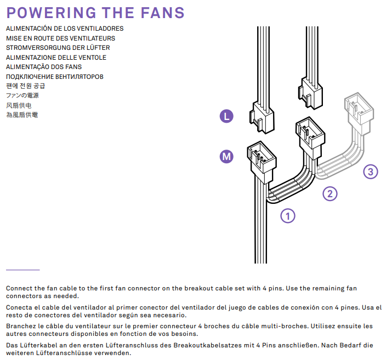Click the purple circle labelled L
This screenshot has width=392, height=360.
click(x=226, y=116)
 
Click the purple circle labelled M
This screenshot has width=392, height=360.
click(x=226, y=156)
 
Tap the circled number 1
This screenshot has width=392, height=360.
click(x=288, y=216)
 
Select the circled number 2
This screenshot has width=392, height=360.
click(x=330, y=193)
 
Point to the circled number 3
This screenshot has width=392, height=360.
click(x=371, y=172)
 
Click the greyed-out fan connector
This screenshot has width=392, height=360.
click(x=359, y=112)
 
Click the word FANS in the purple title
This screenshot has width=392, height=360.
click(x=162, y=13)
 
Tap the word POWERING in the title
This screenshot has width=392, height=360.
click(x=51, y=13)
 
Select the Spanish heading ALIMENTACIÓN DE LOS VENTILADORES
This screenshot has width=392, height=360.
click(x=65, y=28)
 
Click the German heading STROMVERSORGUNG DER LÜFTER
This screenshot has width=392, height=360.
click(x=58, y=48)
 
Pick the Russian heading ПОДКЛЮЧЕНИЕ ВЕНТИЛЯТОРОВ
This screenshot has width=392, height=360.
click(x=55, y=77)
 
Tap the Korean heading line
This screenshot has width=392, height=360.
click(x=26, y=86)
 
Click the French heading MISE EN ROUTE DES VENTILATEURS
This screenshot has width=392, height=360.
click(x=61, y=38)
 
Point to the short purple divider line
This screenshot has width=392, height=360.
click(x=22, y=270)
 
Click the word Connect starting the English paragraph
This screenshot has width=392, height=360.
click(x=19, y=288)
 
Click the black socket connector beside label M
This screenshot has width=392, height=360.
click(x=262, y=161)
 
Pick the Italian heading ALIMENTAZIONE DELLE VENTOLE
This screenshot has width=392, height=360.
click(x=56, y=58)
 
